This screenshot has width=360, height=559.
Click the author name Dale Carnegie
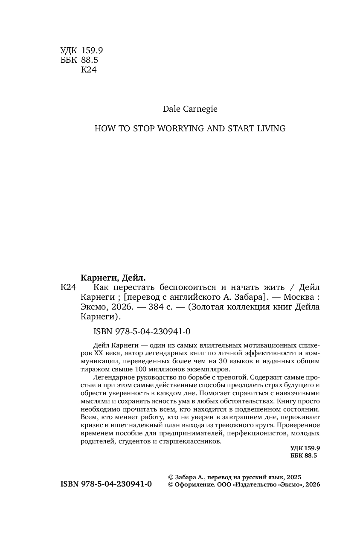pyautogui.click(x=190, y=109)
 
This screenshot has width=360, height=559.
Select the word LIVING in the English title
pyautogui.click(x=271, y=128)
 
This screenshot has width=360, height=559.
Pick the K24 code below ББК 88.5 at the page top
pyautogui.click(x=89, y=70)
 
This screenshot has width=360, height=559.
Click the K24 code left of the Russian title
pyautogui.click(x=68, y=287)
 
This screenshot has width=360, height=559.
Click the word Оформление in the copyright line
pyautogui.click(x=194, y=485)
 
